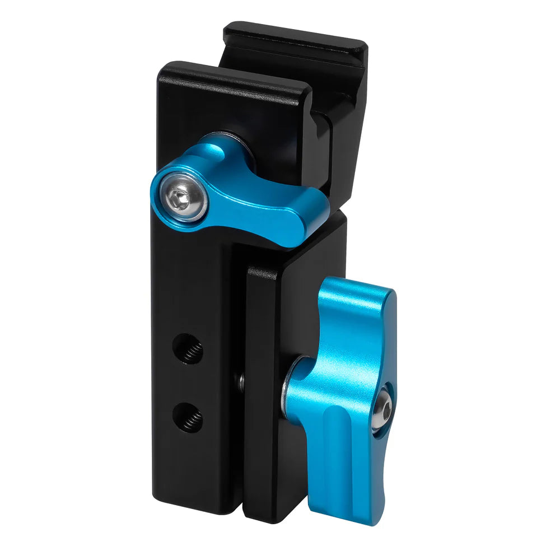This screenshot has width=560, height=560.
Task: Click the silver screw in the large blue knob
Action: point(382,412)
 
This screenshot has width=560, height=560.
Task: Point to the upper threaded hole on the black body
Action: point(188,348)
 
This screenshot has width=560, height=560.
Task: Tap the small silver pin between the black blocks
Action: point(241,382)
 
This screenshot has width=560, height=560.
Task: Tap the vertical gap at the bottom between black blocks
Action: point(243,493)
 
